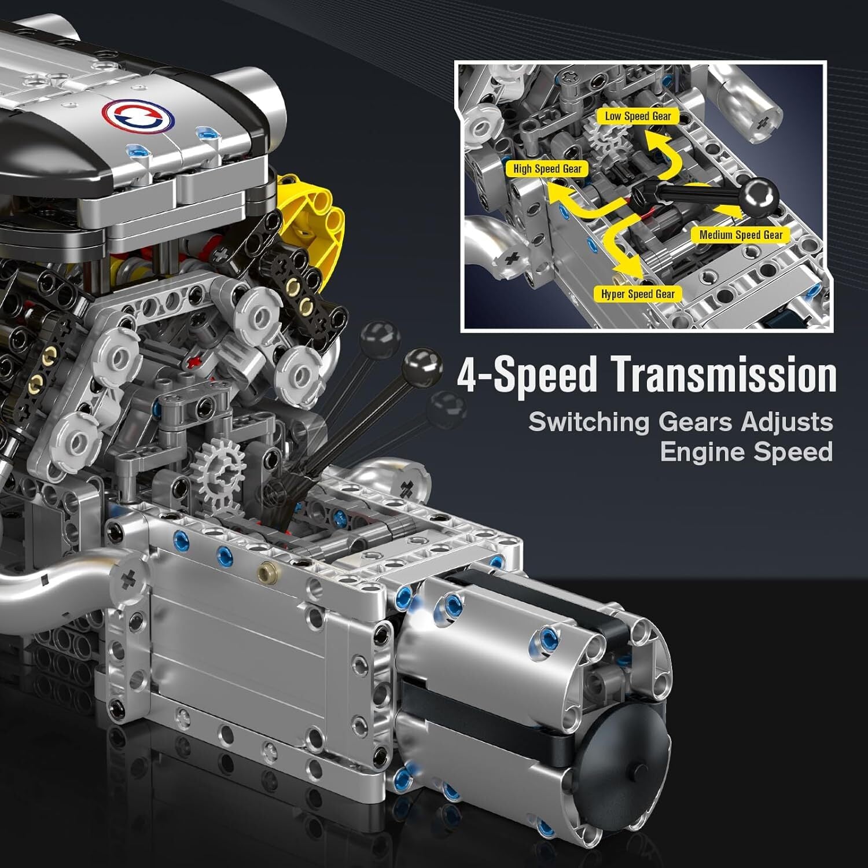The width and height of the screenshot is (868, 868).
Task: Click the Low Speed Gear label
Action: [x=638, y=116]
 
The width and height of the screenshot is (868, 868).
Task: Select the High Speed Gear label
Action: [x=547, y=169]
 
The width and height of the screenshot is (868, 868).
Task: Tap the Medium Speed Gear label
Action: [x=740, y=235]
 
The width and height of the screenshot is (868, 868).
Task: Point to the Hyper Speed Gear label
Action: [x=638, y=294]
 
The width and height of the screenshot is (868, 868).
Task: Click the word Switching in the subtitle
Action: [x=589, y=422]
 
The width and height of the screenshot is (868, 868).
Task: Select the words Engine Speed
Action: [x=746, y=452]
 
